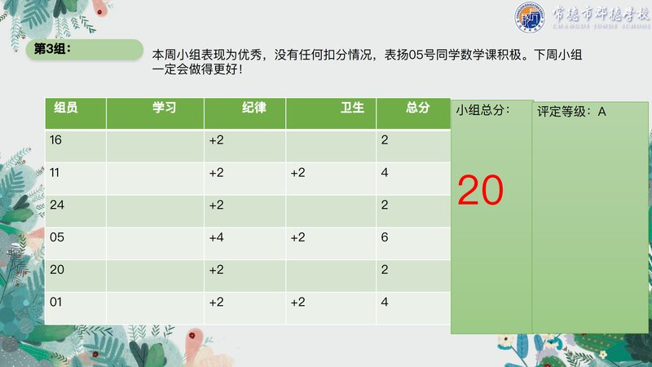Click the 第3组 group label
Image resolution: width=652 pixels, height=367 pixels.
click(x=52, y=49)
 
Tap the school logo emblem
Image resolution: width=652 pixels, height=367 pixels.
click(x=529, y=17)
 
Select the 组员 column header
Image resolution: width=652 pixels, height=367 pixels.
click(x=66, y=108)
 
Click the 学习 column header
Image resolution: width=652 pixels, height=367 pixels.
click(x=164, y=108)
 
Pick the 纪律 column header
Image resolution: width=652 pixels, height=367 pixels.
click(x=254, y=108)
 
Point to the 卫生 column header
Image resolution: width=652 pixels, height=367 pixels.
click(x=352, y=108)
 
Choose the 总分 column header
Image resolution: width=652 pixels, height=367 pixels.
click(x=417, y=108)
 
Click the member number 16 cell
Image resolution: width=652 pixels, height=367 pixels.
click(x=55, y=139)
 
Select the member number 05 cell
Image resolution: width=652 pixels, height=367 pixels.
click(x=57, y=237)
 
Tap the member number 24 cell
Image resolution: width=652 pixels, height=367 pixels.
click(x=57, y=205)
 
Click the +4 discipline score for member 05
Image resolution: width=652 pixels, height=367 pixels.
click(x=216, y=237)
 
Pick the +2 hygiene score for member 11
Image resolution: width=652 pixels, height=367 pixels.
click(x=297, y=172)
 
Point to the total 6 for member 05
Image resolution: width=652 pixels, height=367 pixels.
click(x=385, y=237)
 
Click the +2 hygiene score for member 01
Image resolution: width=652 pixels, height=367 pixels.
click(x=297, y=302)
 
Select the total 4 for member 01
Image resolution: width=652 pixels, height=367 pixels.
click(x=385, y=302)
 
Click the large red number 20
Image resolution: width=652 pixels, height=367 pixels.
click(x=480, y=191)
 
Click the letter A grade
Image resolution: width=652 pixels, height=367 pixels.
click(x=601, y=112)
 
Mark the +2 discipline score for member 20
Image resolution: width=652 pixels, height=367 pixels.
click(x=216, y=270)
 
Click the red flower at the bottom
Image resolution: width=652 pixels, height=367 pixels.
click(x=192, y=335)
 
